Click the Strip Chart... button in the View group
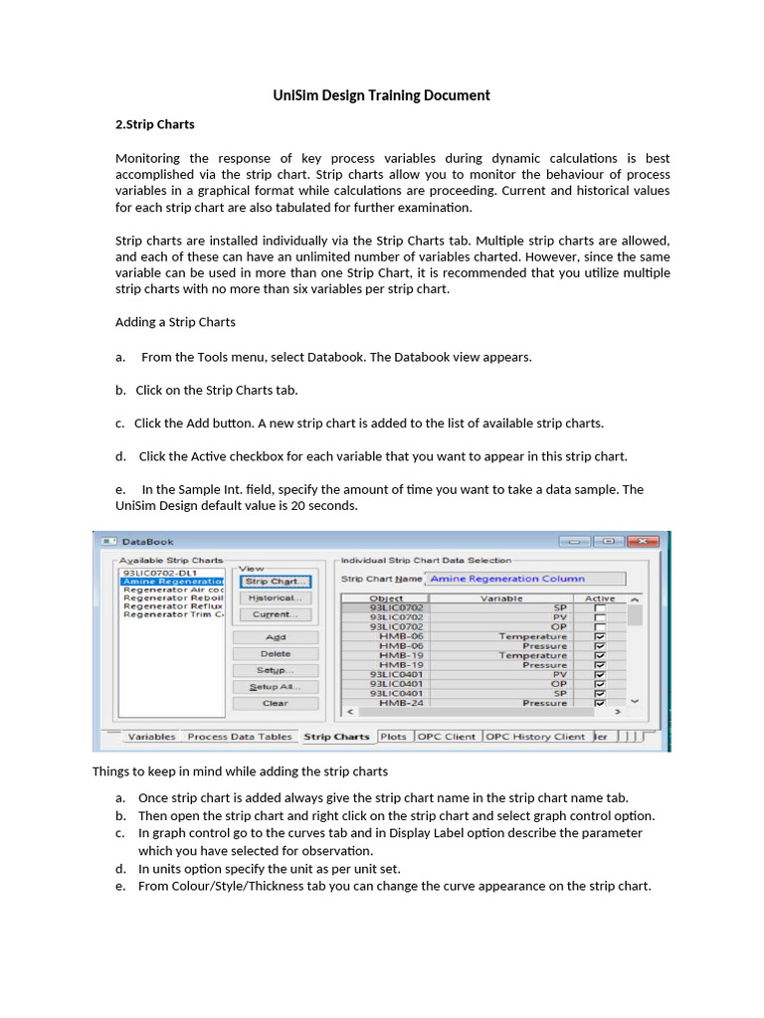click(276, 582)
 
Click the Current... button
click(276, 614)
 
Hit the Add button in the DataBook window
click(276, 637)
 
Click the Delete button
click(276, 654)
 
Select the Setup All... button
click(276, 687)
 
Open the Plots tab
click(393, 737)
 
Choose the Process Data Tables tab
click(240, 737)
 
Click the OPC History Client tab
click(535, 737)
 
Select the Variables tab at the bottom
click(151, 737)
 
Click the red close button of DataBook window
click(644, 542)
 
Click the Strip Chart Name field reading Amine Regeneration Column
click(525, 579)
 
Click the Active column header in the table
click(600, 598)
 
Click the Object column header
click(386, 598)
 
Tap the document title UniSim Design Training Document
click(382, 95)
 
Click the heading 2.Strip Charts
click(155, 124)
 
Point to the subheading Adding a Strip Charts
click(175, 322)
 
